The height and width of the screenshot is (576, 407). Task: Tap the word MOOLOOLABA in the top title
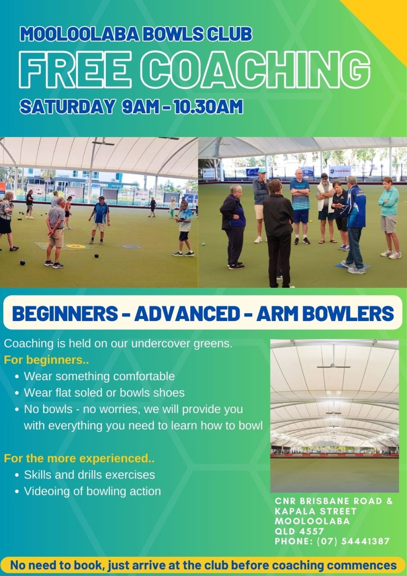80,34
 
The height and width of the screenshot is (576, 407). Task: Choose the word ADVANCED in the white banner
187,314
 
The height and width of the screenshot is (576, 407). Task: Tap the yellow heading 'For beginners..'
46,360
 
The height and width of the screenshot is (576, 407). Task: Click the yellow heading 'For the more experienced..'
79,459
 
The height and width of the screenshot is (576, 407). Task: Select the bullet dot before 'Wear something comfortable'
17,377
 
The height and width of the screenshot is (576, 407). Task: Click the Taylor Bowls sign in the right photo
340,170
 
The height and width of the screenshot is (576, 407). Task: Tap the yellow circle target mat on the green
73,246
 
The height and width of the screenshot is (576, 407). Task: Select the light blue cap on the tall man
262,170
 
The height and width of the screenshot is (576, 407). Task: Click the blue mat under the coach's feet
352,266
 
